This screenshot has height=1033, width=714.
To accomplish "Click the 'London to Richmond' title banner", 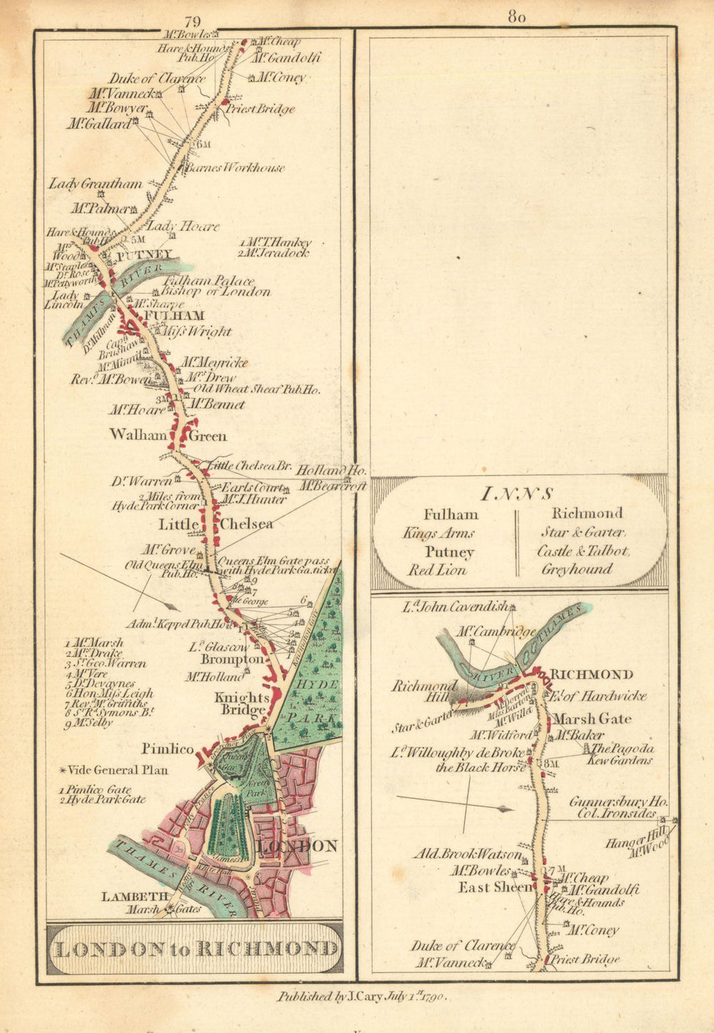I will pos(195,949).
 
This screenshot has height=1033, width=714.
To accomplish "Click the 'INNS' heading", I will pos(518,493).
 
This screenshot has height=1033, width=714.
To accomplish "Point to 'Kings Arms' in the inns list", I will pos(438,533).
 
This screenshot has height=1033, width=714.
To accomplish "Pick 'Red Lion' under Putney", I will pos(436,570).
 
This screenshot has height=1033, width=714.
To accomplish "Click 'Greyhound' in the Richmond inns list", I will pos(576,570).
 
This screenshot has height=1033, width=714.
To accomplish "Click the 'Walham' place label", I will pos(139,434).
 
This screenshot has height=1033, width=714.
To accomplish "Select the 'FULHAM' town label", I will pos(174,316).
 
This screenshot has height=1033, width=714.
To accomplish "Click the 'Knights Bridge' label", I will pos(244,703).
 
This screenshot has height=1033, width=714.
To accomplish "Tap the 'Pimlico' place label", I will pos(167,749).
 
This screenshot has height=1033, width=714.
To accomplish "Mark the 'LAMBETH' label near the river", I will pos(135,897).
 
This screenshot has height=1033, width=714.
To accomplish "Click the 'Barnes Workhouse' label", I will pos(234,168).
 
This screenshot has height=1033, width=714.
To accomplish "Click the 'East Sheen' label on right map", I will pos(495,887).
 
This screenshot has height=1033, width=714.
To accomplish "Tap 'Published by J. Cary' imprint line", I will pos(362,997).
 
